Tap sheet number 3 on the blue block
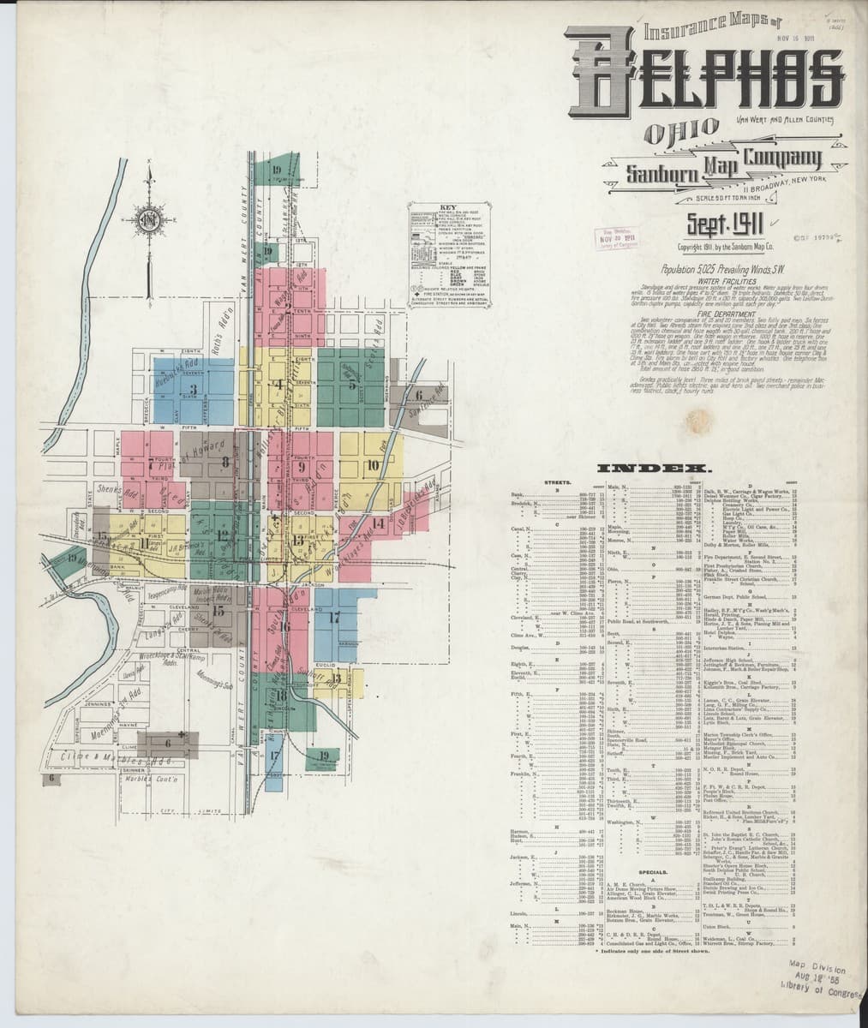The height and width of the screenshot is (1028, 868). tap(194, 390)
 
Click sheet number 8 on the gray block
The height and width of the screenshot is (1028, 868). tap(225, 463)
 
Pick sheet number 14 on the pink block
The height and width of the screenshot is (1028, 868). tap(379, 522)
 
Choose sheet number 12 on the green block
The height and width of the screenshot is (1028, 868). tap(222, 536)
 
